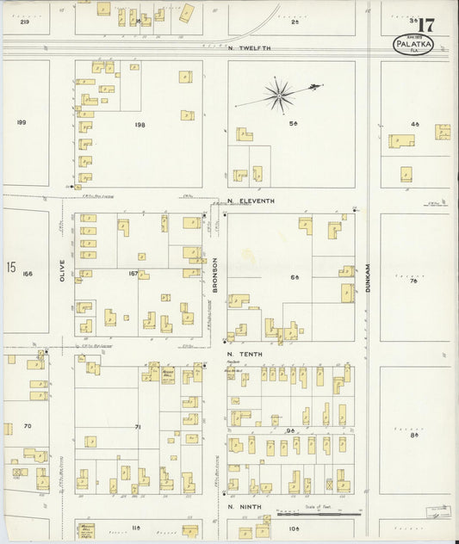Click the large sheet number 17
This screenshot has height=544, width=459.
[425, 22]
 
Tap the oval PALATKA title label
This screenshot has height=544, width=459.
[413, 45]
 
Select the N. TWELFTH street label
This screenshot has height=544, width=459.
[250, 47]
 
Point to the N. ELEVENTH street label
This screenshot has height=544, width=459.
[251, 201]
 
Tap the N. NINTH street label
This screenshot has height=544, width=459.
[243, 506]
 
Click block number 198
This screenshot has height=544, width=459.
[140, 124]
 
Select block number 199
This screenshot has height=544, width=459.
[22, 122]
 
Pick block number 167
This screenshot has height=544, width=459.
[133, 274]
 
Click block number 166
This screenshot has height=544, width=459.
[28, 274]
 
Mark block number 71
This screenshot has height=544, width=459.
[137, 426]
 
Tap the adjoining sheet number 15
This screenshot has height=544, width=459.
[10, 268]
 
